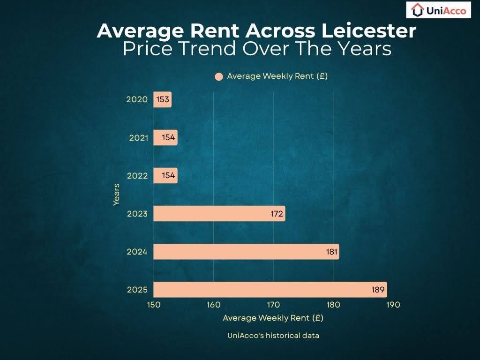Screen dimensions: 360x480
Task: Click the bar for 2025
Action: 270,290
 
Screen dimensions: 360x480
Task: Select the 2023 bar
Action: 219,214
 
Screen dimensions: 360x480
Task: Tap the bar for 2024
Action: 246,252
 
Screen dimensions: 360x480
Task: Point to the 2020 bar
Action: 162,100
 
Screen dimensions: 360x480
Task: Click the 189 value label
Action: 378,290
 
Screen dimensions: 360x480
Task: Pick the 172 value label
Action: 277,214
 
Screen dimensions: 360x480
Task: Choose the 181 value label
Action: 332,252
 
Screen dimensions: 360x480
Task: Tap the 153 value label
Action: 163,100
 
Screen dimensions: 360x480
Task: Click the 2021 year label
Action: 139,138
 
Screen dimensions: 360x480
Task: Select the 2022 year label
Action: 137,176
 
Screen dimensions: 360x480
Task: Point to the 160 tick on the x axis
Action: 213,305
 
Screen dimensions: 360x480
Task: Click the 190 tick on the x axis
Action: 393,305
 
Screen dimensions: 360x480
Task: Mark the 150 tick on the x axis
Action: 154,305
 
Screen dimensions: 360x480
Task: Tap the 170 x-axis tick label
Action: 273,305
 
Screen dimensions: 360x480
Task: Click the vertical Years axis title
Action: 116,194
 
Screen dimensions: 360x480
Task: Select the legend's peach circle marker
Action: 218,77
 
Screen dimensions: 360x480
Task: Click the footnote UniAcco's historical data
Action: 273,335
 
